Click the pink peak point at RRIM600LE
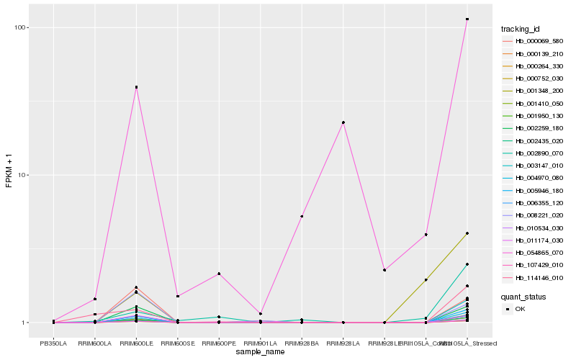coord(136,87)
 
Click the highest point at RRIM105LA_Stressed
coord(467,19)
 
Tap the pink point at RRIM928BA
coord(302,216)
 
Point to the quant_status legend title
coord(523,296)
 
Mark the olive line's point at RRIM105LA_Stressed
coord(467,233)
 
